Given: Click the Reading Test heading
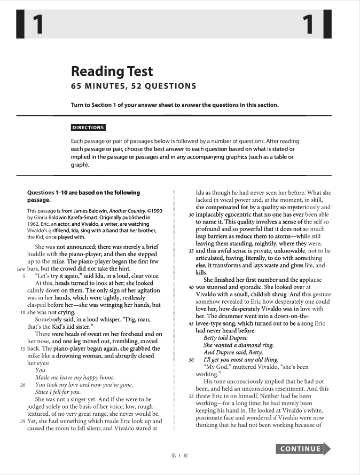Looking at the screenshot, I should (x=112, y=72).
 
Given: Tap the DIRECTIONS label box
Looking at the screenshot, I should (x=88, y=128).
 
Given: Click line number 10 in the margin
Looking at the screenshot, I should (x=22, y=312).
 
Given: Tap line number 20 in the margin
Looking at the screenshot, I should (x=22, y=384).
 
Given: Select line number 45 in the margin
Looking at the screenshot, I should (x=191, y=323).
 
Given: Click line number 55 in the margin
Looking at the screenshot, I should (x=191, y=396).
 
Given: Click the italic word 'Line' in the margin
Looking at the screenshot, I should (x=21, y=268).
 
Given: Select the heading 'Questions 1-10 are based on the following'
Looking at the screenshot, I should (x=83, y=193).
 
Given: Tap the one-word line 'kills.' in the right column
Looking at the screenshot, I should (x=201, y=272).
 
